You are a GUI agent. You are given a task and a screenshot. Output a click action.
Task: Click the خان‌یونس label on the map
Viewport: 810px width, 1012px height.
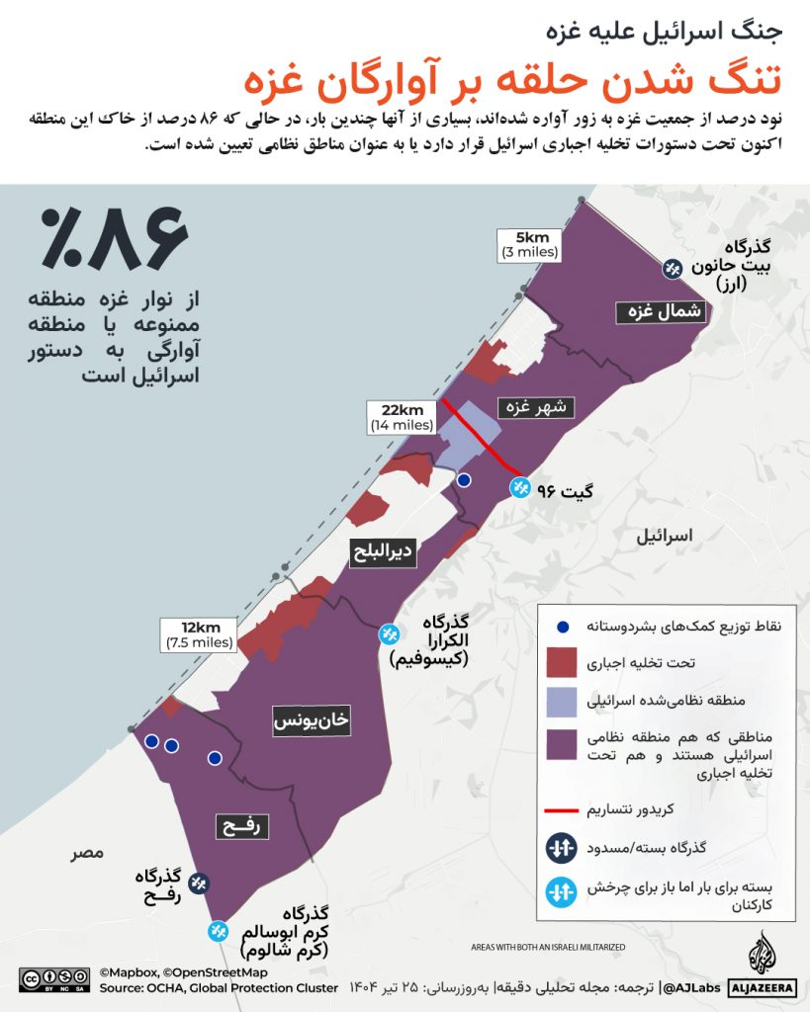click(x=312, y=722)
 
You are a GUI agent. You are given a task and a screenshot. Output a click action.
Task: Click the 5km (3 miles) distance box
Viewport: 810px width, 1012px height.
click(x=530, y=244)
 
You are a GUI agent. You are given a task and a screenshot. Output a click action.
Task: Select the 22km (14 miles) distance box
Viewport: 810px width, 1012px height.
click(x=402, y=417)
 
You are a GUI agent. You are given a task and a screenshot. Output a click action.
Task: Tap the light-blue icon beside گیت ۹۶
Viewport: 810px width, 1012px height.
click(x=519, y=487)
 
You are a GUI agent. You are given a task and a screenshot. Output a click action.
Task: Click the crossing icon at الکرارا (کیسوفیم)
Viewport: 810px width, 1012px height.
click(x=392, y=633)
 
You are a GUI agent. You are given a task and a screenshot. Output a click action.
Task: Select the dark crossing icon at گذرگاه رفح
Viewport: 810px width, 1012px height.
click(x=199, y=884)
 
